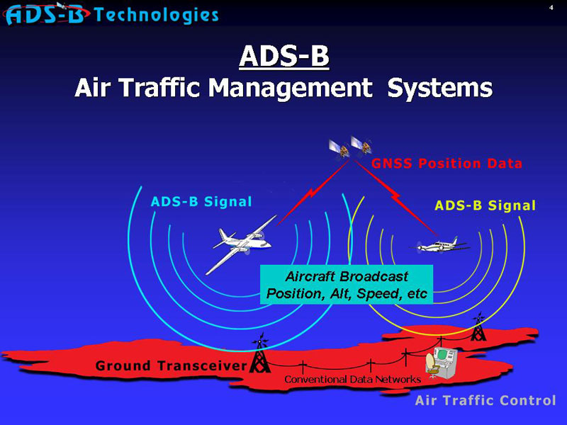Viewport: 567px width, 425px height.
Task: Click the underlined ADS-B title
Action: (x=284, y=57)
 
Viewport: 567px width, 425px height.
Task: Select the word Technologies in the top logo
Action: (x=156, y=15)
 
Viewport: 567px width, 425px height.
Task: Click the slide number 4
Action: (x=551, y=7)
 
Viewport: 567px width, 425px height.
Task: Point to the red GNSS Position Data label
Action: (x=447, y=164)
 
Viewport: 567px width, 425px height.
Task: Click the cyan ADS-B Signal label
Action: (x=201, y=202)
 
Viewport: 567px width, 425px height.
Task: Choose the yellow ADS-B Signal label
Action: (x=485, y=205)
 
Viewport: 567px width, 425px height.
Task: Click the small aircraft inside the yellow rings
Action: (x=439, y=246)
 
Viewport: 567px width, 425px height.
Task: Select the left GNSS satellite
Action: (x=339, y=149)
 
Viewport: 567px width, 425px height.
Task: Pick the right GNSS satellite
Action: (x=361, y=145)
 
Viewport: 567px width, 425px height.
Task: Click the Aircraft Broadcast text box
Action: (x=347, y=285)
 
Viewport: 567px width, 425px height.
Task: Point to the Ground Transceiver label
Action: (x=172, y=365)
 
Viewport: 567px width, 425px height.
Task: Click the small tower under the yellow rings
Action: (x=478, y=327)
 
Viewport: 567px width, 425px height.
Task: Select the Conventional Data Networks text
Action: (x=352, y=379)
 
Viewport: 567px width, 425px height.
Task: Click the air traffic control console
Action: (x=442, y=362)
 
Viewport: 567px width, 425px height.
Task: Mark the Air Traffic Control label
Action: (x=485, y=400)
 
